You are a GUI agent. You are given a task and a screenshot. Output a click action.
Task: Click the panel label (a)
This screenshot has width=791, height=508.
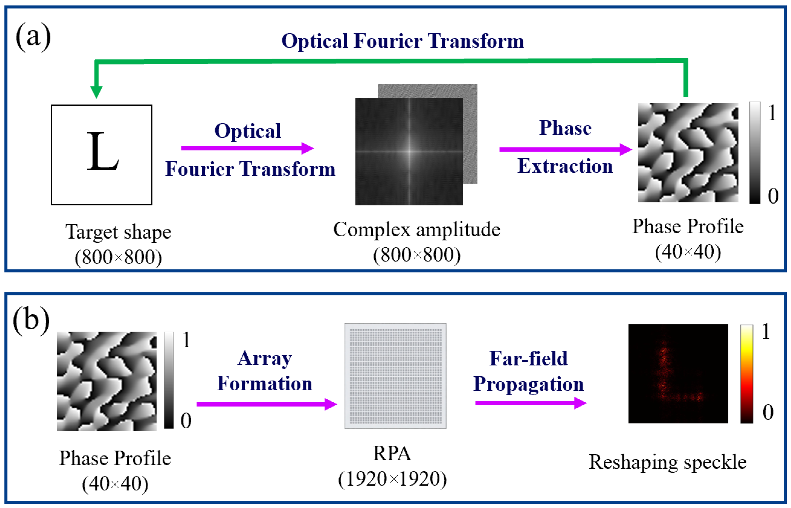(x=33, y=37)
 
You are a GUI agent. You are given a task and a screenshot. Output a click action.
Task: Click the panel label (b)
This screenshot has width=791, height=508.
(x=31, y=320)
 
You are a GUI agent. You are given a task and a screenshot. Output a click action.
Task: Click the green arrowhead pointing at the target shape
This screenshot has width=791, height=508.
(x=96, y=92)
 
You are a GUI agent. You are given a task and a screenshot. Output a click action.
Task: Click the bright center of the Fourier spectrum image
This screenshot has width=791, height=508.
(x=409, y=151)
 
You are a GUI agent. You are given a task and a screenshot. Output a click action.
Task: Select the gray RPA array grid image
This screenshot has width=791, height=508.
(x=395, y=376)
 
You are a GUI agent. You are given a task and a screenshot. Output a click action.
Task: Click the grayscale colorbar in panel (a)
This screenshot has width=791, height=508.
(x=755, y=153)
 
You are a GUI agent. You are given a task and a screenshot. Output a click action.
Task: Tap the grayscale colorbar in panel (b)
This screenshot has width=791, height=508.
(x=169, y=380)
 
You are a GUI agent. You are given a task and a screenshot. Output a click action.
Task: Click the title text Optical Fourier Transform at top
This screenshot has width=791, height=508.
(x=402, y=41)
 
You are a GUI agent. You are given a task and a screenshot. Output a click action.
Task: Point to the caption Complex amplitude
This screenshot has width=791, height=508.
(x=416, y=230)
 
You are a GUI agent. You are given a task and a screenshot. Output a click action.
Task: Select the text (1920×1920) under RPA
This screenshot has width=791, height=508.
(x=392, y=479)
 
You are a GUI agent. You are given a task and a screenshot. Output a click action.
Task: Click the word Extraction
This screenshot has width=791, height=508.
(x=565, y=166)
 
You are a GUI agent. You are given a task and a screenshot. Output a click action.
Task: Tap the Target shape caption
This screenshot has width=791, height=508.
(x=118, y=232)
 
